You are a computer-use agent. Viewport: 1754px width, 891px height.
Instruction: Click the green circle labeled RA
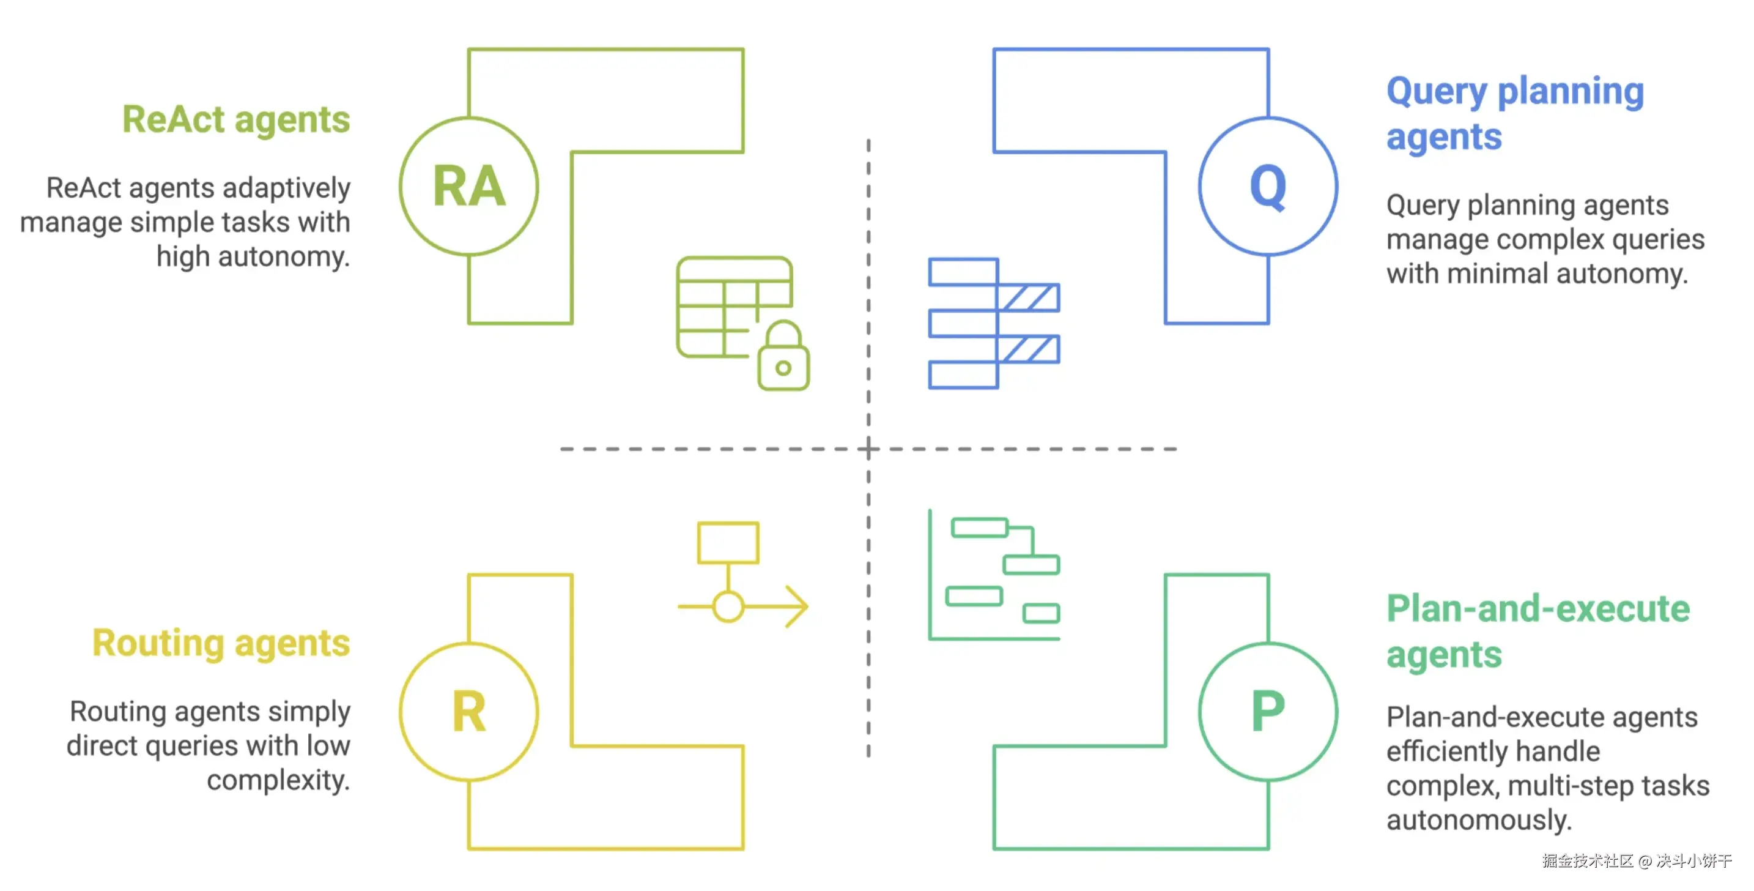point(469,186)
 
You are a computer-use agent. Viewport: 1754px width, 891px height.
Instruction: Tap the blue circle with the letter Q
point(1268,186)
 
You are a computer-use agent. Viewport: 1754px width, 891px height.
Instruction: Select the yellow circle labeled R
point(469,712)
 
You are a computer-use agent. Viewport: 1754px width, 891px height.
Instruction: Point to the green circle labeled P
point(1268,712)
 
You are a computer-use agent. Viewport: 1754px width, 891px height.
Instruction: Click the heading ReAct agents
point(235,120)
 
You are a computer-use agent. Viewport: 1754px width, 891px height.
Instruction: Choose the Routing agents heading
point(221,643)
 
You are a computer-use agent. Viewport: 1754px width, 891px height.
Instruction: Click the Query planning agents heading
point(1514,114)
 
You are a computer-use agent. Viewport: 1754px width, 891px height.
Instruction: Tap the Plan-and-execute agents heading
point(1538,632)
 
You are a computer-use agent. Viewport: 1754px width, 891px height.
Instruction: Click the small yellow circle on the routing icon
point(728,606)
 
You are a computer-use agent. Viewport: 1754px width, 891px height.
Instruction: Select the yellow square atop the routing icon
point(728,543)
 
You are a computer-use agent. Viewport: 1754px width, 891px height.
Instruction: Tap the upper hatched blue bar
point(1029,297)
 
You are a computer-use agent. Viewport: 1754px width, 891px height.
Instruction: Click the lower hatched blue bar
point(1029,349)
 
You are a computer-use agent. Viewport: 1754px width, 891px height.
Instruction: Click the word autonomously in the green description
point(1478,820)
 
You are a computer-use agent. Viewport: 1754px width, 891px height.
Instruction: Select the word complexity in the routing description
point(278,780)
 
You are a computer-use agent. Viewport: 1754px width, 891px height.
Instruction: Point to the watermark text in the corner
point(1636,861)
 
